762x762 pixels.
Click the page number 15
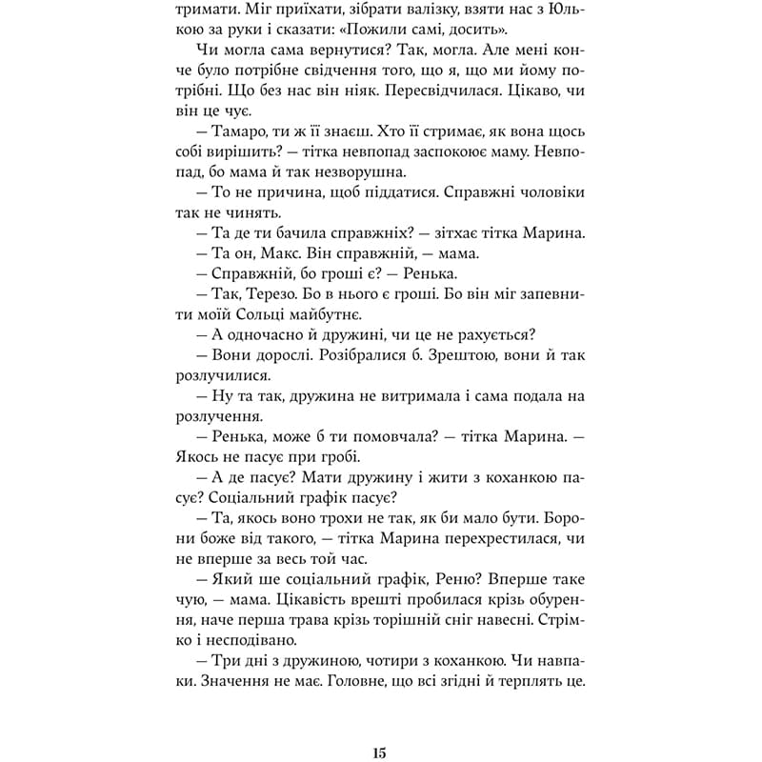(x=380, y=728)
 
